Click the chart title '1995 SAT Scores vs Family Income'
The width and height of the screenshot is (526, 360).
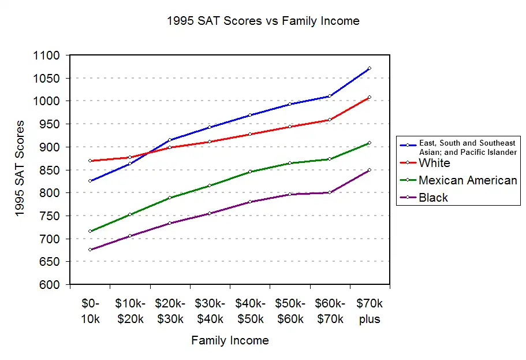tap(263, 21)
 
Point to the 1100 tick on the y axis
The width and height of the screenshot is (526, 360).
tap(48, 55)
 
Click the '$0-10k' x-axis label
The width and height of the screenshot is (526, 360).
tap(89, 311)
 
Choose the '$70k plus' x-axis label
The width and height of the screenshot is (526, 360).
tap(370, 311)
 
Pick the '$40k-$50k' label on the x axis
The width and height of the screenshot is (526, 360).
tap(250, 311)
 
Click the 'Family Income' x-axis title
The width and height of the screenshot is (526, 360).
tap(230, 340)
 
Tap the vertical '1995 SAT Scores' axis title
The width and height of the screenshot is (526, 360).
tap(20, 168)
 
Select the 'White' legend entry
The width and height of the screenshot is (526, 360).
tap(434, 163)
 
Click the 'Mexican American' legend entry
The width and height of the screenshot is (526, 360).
tap(468, 180)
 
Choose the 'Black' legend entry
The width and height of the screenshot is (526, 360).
tap(433, 198)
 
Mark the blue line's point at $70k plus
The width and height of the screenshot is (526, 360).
tap(369, 68)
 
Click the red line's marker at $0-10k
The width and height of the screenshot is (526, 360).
tap(90, 161)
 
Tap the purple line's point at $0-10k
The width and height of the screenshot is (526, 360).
tap(90, 250)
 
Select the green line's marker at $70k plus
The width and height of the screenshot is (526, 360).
tap(369, 143)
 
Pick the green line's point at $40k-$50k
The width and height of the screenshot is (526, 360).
tap(250, 172)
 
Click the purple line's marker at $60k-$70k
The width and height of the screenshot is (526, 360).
tap(329, 192)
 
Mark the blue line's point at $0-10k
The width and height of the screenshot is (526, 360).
tap(90, 181)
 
